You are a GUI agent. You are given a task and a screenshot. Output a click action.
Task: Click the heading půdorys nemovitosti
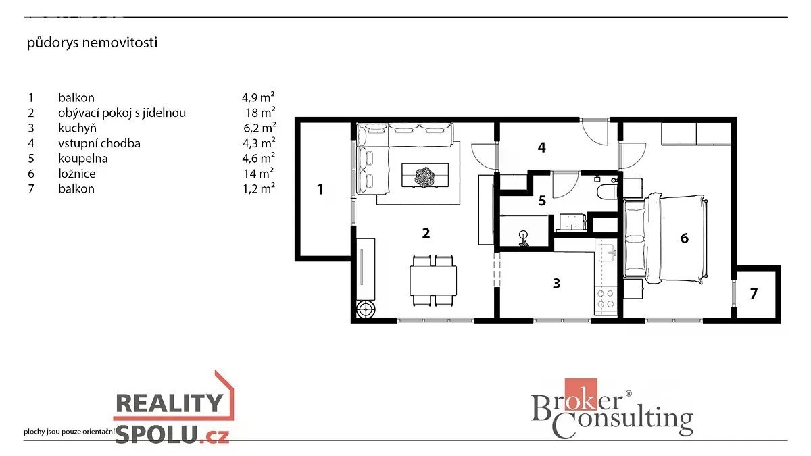[x=92, y=43]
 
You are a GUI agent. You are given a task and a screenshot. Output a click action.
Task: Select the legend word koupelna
[x=83, y=159]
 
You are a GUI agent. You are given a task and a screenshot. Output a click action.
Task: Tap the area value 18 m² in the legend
[x=260, y=113]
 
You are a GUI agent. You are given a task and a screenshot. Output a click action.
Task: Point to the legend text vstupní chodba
[x=99, y=143]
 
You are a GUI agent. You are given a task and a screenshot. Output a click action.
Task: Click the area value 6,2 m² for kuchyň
[x=260, y=128]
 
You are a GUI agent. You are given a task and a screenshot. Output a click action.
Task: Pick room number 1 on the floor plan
[x=320, y=189]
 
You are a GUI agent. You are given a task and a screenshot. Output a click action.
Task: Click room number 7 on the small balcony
[x=754, y=293]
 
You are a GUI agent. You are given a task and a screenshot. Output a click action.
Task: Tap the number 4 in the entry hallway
[x=541, y=147]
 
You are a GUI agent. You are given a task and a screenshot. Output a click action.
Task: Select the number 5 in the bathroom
[x=542, y=201]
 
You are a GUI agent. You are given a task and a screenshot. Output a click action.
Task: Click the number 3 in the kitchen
[x=556, y=283]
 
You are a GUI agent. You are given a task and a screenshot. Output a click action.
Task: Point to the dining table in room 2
[x=433, y=281]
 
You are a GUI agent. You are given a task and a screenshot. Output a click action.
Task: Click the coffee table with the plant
[x=425, y=176]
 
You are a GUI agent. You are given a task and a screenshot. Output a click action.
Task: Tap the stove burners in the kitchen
[x=606, y=299]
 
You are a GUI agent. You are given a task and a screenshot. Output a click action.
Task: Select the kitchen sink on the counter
[x=607, y=253]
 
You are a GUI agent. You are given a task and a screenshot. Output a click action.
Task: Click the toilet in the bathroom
[x=607, y=192]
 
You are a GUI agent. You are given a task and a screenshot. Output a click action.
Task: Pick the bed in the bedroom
[x=666, y=239]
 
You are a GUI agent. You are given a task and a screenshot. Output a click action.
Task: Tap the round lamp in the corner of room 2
[x=366, y=309]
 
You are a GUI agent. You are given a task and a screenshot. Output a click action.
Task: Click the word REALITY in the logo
[x=170, y=403]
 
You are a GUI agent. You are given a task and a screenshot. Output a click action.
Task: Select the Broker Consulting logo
[x=612, y=409]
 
